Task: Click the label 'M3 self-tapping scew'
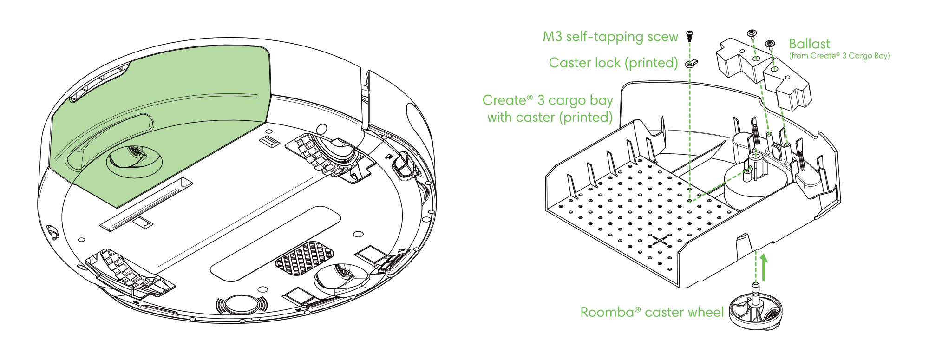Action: click(610, 37)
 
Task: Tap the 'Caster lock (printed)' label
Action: click(613, 63)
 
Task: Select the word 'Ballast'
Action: click(809, 44)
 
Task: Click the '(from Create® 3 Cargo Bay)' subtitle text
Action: click(839, 56)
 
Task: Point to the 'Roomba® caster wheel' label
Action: click(652, 312)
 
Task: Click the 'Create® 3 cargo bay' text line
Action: click(547, 100)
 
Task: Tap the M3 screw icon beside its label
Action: click(690, 35)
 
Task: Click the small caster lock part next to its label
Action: click(692, 63)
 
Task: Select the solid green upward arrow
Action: click(764, 268)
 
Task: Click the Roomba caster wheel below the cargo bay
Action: click(756, 311)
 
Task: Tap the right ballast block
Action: click(787, 87)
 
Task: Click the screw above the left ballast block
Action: click(752, 33)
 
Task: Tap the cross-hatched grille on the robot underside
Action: click(304, 258)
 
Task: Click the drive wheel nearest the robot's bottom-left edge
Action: click(128, 274)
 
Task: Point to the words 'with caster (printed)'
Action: click(550, 117)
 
